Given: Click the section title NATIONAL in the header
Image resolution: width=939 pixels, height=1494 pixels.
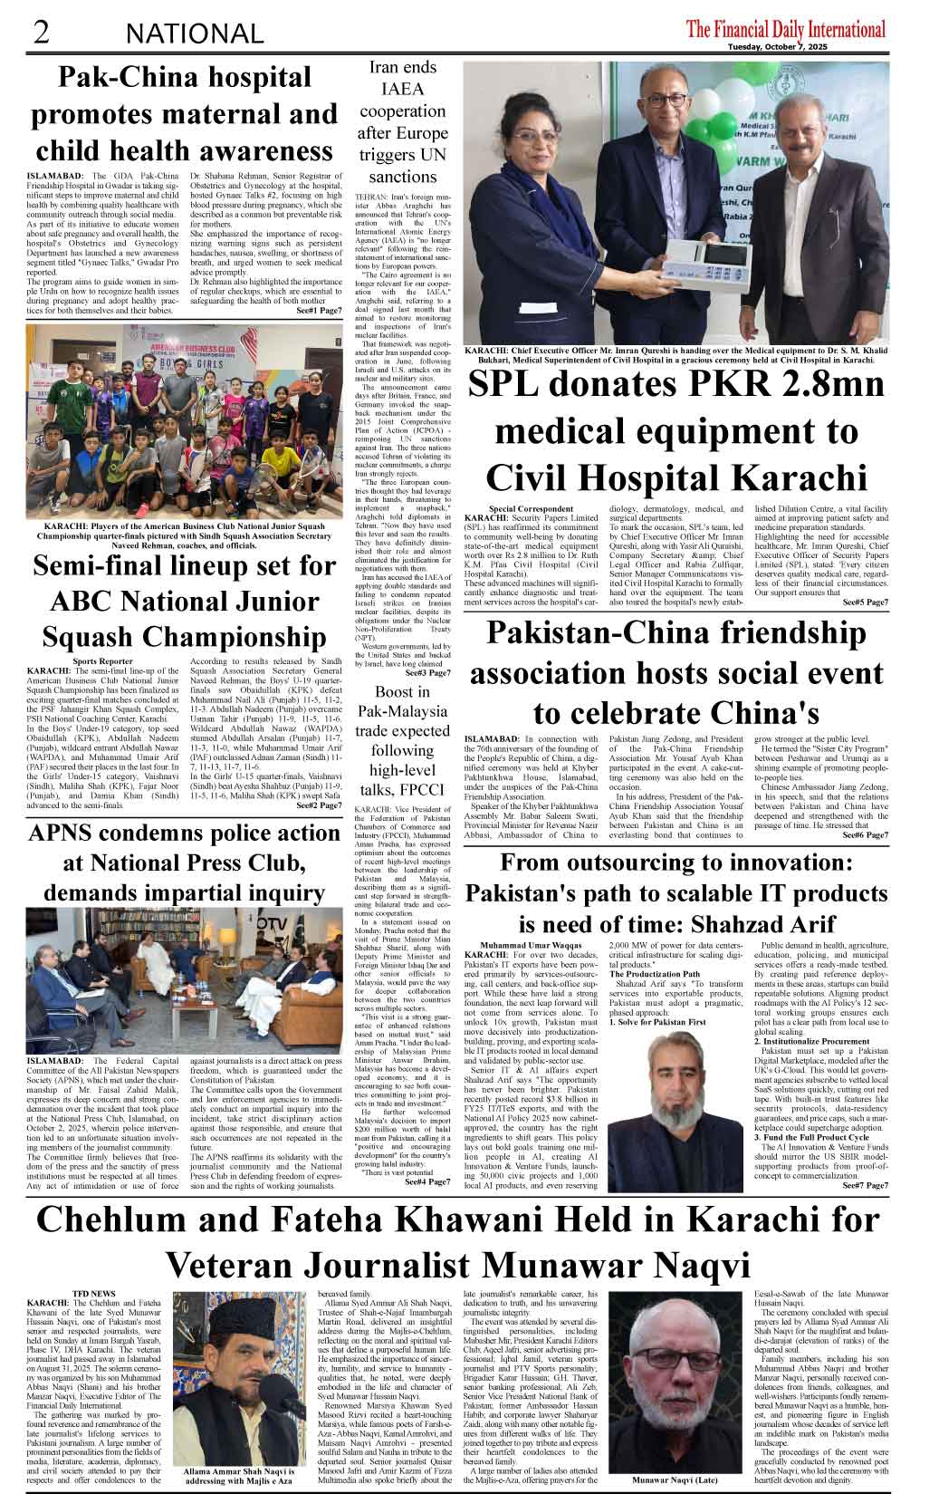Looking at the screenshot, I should click(195, 34).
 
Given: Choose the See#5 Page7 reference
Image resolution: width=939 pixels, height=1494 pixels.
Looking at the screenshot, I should click(864, 602).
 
